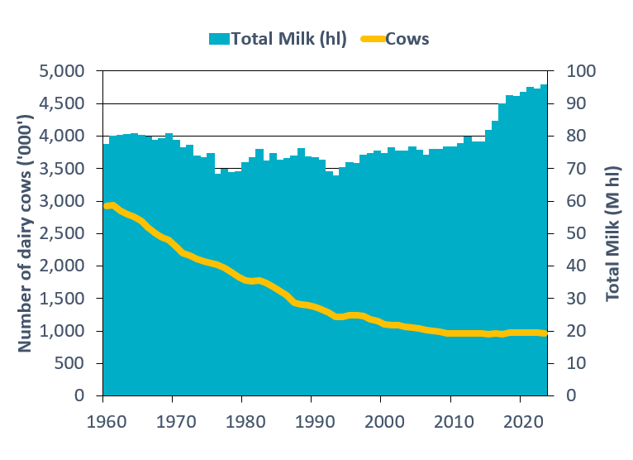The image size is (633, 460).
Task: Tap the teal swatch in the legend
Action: pyautogui.click(x=219, y=39)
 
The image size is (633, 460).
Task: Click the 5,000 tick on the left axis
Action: pyautogui.click(x=63, y=71)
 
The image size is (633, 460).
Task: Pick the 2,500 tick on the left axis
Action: pyautogui.click(x=63, y=233)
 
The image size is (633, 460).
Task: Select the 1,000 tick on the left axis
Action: pyautogui.click(x=63, y=331)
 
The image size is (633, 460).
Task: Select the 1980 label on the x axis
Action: pyautogui.click(x=242, y=419)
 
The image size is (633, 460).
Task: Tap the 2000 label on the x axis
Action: pyautogui.click(x=381, y=419)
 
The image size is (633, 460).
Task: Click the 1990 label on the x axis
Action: pyautogui.click(x=312, y=419)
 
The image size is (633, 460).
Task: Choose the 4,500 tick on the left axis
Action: pyautogui.click(x=63, y=103)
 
